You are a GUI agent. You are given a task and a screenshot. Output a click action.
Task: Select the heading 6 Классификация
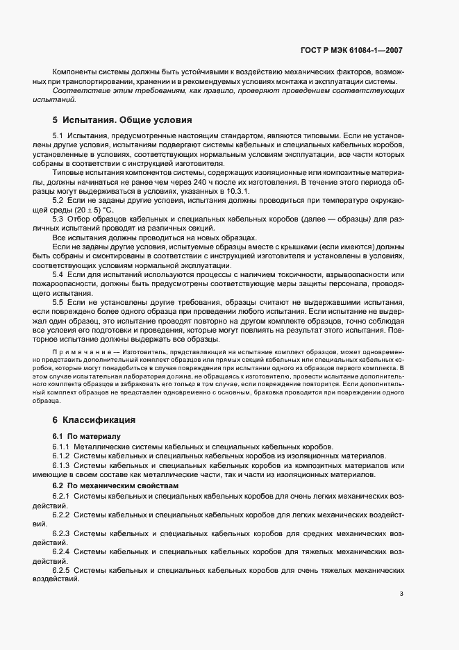[94, 420]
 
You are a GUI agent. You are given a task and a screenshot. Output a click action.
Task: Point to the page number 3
[401, 594]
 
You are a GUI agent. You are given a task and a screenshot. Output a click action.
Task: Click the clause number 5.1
[58, 136]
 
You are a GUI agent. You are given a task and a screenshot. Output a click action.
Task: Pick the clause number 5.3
[58, 219]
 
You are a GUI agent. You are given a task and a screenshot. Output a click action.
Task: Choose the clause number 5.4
[58, 275]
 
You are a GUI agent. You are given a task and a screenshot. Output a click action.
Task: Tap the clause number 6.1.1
[61, 446]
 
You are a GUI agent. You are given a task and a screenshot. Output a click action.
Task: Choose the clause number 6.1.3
[61, 465]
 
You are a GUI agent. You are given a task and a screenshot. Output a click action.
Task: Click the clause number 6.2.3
[61, 533]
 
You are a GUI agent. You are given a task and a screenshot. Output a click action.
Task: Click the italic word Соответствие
[79, 91]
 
